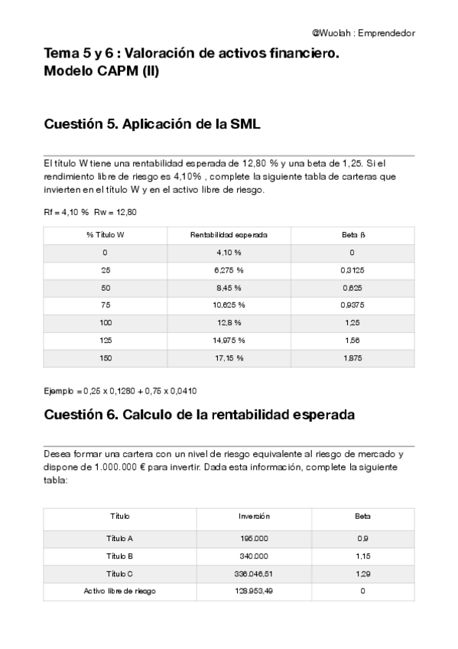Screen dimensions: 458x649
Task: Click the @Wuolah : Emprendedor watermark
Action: pos(363,33)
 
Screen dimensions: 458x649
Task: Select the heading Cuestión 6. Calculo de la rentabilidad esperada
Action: pos(199,416)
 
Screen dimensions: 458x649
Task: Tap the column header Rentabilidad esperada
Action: pos(229,234)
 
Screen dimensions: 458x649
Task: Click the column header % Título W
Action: pos(106,234)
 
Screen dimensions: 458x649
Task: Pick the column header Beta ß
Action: pos(352,234)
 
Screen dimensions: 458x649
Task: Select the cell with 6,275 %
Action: pos(229,269)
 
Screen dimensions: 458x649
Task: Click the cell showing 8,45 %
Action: pos(229,288)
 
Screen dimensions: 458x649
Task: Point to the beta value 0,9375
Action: pos(352,305)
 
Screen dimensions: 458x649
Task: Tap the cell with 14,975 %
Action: pos(229,340)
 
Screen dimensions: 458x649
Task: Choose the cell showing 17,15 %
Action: pos(229,357)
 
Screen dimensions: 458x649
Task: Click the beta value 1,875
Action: pos(352,357)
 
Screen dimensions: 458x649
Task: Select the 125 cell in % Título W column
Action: pos(106,340)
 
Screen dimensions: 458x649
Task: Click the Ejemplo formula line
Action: pos(120,390)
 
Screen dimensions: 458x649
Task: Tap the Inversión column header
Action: pos(254,517)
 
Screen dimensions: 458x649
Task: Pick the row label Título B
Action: pos(120,556)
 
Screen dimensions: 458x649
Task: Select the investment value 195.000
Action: pos(254,538)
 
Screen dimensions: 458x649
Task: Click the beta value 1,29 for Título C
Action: pos(362,573)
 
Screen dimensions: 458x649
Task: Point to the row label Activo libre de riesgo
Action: pos(120,591)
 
